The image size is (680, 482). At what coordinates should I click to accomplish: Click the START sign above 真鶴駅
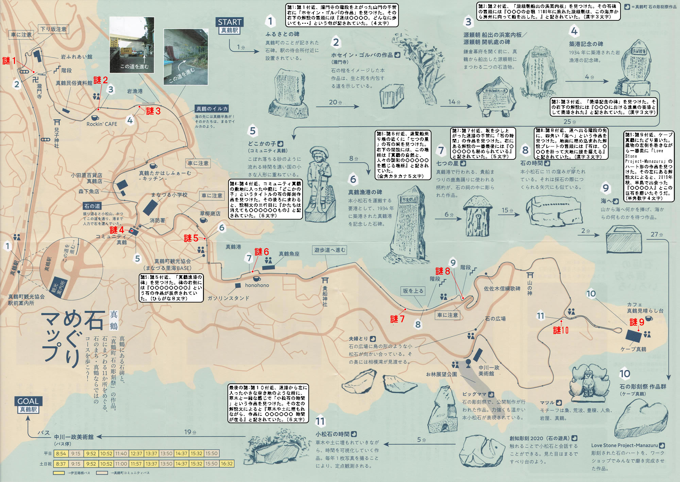(230, 22)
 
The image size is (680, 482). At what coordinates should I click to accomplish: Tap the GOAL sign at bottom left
(28, 401)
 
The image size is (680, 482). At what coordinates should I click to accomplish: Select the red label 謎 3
(153, 111)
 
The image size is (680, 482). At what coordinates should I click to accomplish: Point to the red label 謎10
(561, 330)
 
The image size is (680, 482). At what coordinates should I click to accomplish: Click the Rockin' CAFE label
(102, 124)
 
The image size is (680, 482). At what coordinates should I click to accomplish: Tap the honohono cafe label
(257, 285)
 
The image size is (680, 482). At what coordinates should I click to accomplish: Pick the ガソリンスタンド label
(228, 298)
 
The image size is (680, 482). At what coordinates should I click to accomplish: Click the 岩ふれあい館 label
(76, 57)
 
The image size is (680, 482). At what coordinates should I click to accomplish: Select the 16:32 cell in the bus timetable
(227, 464)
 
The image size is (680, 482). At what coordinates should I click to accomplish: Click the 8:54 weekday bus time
(61, 453)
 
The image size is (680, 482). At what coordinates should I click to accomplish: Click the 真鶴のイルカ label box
(211, 109)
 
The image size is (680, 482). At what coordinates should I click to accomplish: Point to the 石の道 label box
(92, 206)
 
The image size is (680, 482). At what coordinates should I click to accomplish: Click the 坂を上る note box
(413, 291)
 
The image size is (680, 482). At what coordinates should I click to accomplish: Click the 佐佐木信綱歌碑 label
(502, 289)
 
